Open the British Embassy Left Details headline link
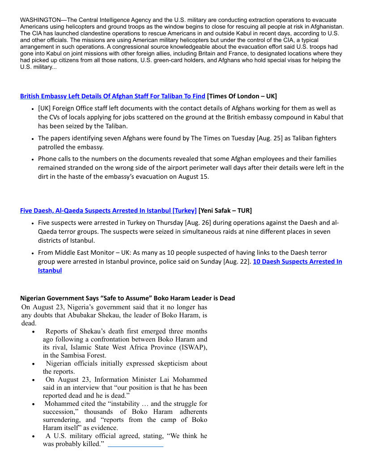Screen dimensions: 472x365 [x=113, y=96]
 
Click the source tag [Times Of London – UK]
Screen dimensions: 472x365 [x=242, y=96]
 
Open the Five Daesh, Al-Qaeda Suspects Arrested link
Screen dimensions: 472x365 [x=108, y=211]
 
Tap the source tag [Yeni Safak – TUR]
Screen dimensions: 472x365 [x=225, y=211]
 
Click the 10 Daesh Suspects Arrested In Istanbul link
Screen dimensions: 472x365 [x=297, y=261]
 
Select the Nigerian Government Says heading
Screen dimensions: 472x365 [x=127, y=298]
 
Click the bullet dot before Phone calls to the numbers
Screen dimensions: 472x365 [x=33, y=159]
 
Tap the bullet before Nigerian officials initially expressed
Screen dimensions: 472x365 [x=34, y=364]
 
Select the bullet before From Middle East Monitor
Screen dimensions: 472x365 [x=33, y=253]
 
